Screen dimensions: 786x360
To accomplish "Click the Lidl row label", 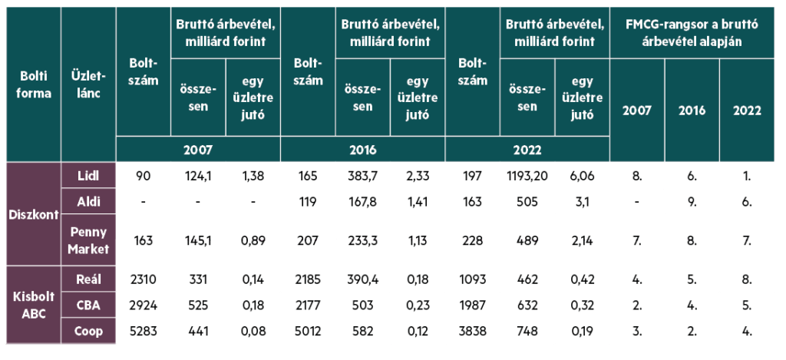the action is click(88, 176).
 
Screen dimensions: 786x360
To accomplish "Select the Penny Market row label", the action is click(88, 241).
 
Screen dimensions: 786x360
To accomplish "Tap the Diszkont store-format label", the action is click(34, 214).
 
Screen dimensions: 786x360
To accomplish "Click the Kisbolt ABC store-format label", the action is click(34, 305).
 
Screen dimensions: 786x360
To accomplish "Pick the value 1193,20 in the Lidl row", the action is click(527, 176).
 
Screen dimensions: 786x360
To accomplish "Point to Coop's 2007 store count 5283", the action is click(144, 331).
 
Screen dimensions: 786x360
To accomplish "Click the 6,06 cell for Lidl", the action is click(582, 176).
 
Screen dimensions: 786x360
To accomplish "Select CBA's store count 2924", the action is click(144, 306).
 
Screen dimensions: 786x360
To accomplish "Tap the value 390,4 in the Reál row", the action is click(363, 279).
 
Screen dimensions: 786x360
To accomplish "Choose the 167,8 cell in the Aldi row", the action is click(363, 202).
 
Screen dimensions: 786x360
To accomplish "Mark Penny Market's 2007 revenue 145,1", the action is click(198, 241).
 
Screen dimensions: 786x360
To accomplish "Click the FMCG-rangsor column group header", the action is click(692, 32).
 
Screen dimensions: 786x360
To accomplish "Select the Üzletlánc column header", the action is click(88, 84).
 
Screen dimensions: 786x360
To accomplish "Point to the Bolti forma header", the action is click(34, 84).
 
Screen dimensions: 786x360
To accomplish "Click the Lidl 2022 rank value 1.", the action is click(748, 176).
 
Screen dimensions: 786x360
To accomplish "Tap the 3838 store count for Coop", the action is click(472, 331).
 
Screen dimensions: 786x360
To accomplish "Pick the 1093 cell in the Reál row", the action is click(472, 279).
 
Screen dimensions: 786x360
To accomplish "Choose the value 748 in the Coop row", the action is click(527, 331).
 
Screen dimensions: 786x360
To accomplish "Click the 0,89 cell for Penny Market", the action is click(253, 241).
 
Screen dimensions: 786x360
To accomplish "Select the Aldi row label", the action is click(88, 202).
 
